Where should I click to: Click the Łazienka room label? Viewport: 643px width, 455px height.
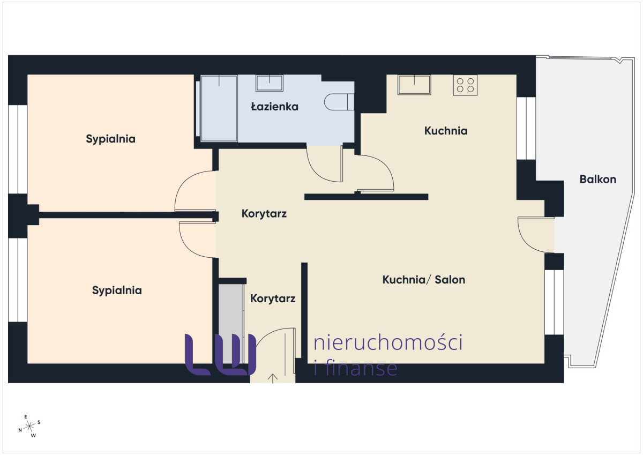coord(275,107)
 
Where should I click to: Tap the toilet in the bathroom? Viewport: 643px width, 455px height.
coord(339,102)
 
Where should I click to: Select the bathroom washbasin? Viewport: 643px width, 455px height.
coord(269,83)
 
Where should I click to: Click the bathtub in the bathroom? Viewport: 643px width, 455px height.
coord(219,108)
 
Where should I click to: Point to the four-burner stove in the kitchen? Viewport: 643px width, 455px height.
coord(465,85)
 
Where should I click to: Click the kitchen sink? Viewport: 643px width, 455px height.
coord(414,85)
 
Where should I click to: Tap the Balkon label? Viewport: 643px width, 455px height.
coord(598,180)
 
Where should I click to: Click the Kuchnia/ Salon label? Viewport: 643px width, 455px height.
coord(424,280)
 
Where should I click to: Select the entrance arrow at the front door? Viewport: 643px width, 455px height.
coord(272,379)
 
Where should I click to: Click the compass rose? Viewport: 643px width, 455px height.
coord(29,426)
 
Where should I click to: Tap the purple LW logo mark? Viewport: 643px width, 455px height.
coord(220,355)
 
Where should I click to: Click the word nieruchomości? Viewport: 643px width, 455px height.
coord(388,342)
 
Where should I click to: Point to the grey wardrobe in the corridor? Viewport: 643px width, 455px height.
coord(231,324)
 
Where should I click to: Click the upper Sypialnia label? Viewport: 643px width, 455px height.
coord(110,139)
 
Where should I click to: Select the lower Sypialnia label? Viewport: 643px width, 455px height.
coord(117,290)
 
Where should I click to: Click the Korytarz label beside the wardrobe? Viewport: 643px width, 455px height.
coord(273,299)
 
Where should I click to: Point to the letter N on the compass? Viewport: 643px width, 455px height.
coord(20,430)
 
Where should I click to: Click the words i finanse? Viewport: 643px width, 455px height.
coord(356,368)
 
